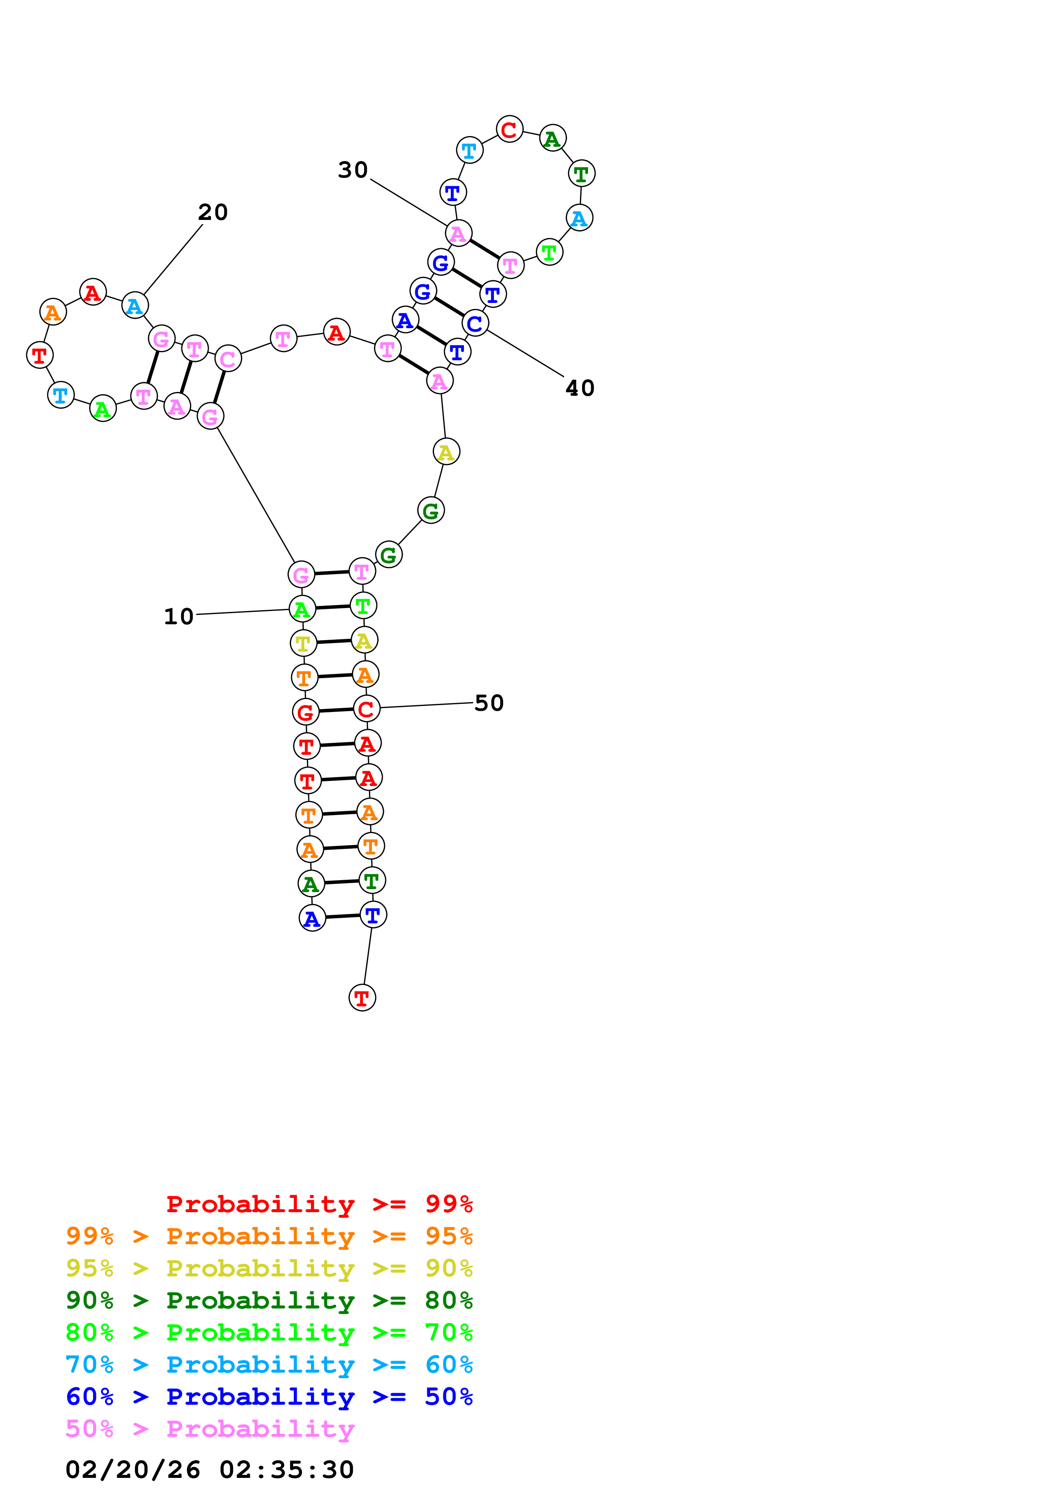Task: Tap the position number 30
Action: (x=353, y=170)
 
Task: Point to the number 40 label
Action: (x=580, y=389)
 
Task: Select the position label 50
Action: (x=489, y=703)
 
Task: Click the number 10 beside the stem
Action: (x=178, y=617)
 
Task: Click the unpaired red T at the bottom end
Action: (x=362, y=998)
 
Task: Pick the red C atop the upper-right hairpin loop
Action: (x=509, y=130)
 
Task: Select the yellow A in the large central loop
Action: (x=446, y=452)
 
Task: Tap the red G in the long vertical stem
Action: (x=305, y=712)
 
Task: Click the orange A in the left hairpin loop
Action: (x=53, y=312)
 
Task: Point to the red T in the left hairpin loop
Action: (x=40, y=356)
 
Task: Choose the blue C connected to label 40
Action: (x=475, y=323)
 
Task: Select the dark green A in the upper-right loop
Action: (x=553, y=139)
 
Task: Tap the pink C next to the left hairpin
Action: (x=228, y=359)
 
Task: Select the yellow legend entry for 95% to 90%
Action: (x=269, y=1268)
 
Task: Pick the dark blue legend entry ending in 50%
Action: (x=269, y=1397)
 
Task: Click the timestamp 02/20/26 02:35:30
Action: (x=209, y=1470)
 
